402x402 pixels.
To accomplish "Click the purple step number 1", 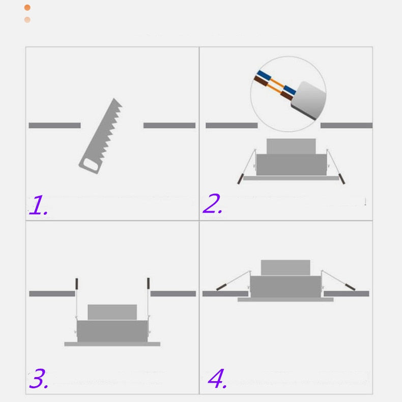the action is pyautogui.click(x=39, y=205).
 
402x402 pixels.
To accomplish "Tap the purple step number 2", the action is pyautogui.click(x=212, y=204).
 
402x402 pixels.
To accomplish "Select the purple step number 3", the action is pyautogui.click(x=39, y=378).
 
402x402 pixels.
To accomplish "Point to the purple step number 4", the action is pyautogui.click(x=217, y=379).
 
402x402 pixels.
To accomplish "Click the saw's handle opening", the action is pyautogui.click(x=91, y=164).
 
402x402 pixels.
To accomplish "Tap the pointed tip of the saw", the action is pyautogui.click(x=114, y=98).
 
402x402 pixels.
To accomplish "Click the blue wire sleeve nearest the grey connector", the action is pyautogui.click(x=290, y=90).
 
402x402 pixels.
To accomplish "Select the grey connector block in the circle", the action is pyautogui.click(x=309, y=100).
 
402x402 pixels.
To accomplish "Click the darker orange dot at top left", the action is pyautogui.click(x=27, y=8).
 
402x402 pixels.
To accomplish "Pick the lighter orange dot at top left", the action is pyautogui.click(x=27, y=20).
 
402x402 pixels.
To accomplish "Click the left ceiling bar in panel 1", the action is pyautogui.click(x=54, y=125).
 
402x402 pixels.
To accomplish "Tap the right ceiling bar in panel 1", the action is pyautogui.click(x=169, y=125).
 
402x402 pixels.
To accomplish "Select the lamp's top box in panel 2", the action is pyautogui.click(x=291, y=147).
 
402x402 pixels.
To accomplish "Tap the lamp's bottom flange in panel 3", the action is pyautogui.click(x=112, y=344).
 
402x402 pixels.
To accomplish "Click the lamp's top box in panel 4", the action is pyautogui.click(x=285, y=268).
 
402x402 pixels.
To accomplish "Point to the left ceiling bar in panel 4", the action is pyautogui.click(x=225, y=294).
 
